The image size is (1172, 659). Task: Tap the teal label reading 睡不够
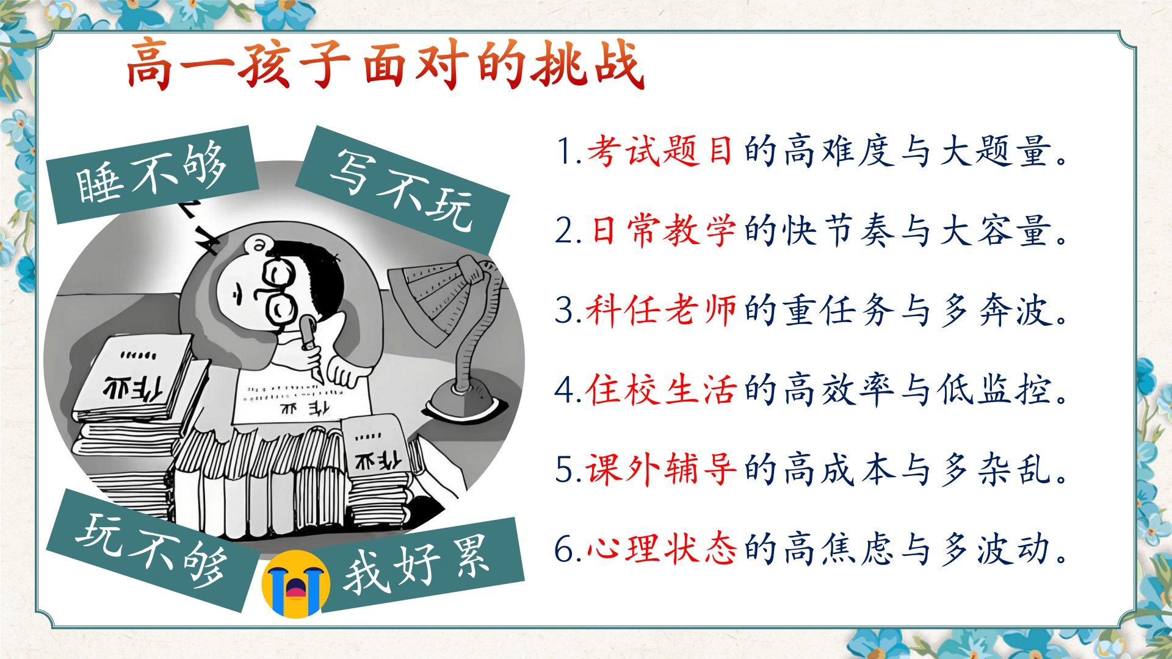click(x=152, y=175)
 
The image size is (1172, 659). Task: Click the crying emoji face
click(x=295, y=583)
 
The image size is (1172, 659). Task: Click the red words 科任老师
click(x=660, y=310)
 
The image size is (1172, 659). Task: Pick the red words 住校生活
click(x=660, y=389)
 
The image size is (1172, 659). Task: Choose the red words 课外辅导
click(x=660, y=469)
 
